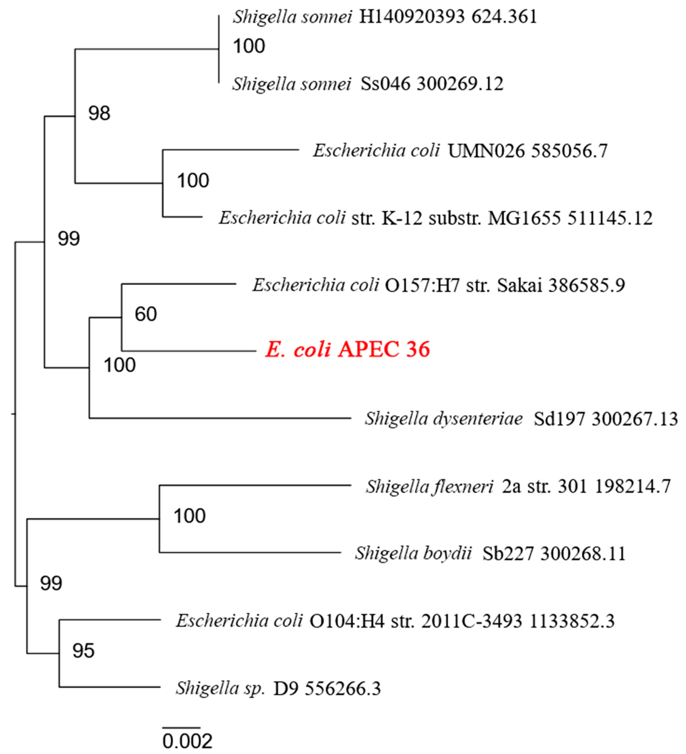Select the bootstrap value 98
[x=99, y=113]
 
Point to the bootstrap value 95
[x=83, y=651]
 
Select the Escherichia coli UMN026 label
[x=460, y=151]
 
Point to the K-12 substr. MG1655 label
[x=435, y=218]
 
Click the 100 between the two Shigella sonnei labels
[x=249, y=46]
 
